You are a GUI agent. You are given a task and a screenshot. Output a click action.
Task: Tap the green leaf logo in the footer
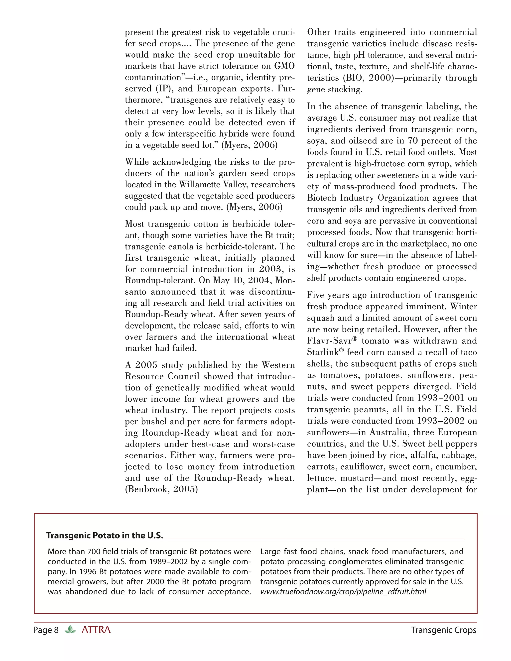pyautogui.click(x=70, y=630)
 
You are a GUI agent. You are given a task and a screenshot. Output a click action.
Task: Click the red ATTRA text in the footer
pyautogui.click(x=96, y=630)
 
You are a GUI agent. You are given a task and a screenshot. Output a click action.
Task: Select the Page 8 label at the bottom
pyautogui.click(x=46, y=630)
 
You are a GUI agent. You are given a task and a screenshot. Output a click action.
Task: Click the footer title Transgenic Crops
pyautogui.click(x=443, y=630)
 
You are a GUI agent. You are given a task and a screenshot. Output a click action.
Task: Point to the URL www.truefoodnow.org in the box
pyautogui.click(x=343, y=592)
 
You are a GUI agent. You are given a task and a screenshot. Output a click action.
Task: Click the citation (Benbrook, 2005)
pyautogui.click(x=161, y=489)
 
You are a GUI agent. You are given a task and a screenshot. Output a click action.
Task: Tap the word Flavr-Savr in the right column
pyautogui.click(x=330, y=341)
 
